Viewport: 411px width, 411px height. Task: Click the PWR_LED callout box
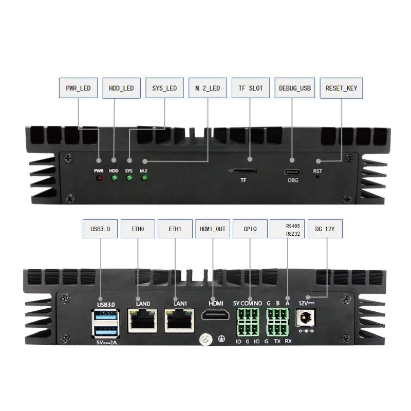tap(78, 88)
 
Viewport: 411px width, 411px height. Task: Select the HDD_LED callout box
tap(121, 88)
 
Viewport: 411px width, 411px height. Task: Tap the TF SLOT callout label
tap(251, 88)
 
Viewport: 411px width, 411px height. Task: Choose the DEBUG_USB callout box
tap(294, 88)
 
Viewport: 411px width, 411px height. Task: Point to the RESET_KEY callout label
tap(341, 88)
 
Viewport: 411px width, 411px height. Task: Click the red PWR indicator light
tap(99, 178)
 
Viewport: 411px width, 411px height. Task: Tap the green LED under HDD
tap(114, 178)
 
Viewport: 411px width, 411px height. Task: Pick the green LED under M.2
tap(144, 178)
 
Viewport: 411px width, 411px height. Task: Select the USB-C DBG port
tap(293, 171)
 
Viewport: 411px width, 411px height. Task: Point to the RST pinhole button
tap(318, 177)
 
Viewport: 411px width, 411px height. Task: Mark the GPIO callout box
tap(250, 229)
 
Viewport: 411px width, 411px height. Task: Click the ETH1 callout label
tap(175, 229)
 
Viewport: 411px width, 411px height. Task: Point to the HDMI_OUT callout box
tap(212, 229)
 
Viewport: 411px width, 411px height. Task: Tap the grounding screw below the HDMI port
tap(206, 340)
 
